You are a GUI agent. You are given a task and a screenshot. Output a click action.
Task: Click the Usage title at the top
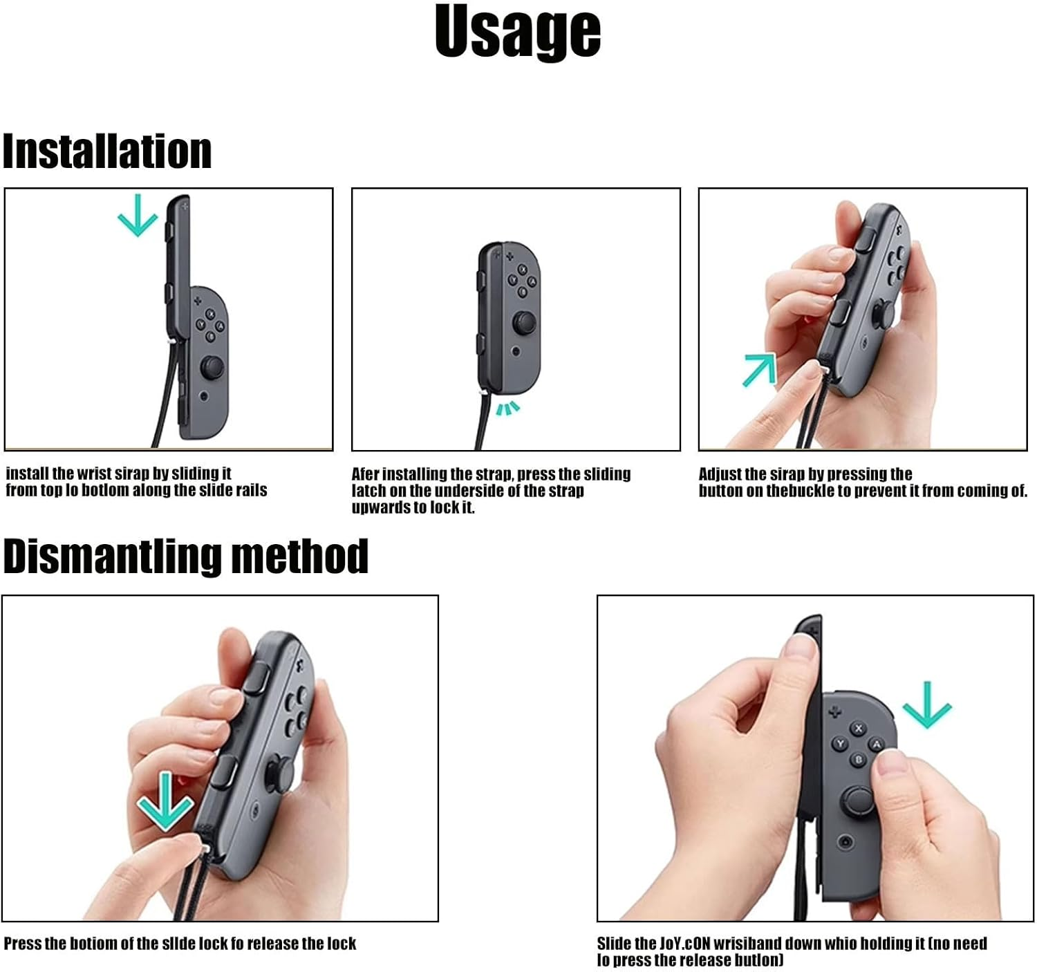pyautogui.click(x=517, y=32)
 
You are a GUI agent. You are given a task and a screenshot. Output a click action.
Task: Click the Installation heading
pyautogui.click(x=107, y=151)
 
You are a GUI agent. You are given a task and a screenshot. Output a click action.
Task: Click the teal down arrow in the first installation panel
pyautogui.click(x=138, y=215)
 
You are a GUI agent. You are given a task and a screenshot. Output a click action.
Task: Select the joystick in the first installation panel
pyautogui.click(x=212, y=367)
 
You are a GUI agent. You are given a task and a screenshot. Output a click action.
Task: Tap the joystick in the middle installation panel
pyautogui.click(x=523, y=323)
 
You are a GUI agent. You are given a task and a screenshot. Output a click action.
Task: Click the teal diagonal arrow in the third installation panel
pyautogui.click(x=759, y=369)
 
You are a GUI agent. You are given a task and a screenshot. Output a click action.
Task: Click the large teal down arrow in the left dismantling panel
pyautogui.click(x=165, y=802)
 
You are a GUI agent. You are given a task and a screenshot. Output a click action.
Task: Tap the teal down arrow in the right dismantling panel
pyautogui.click(x=927, y=704)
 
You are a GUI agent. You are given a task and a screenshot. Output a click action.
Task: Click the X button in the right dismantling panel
pyautogui.click(x=859, y=728)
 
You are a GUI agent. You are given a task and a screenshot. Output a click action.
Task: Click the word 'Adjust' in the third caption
pyautogui.click(x=720, y=474)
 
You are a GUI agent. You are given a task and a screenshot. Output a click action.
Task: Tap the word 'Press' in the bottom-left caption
pyautogui.click(x=22, y=944)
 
